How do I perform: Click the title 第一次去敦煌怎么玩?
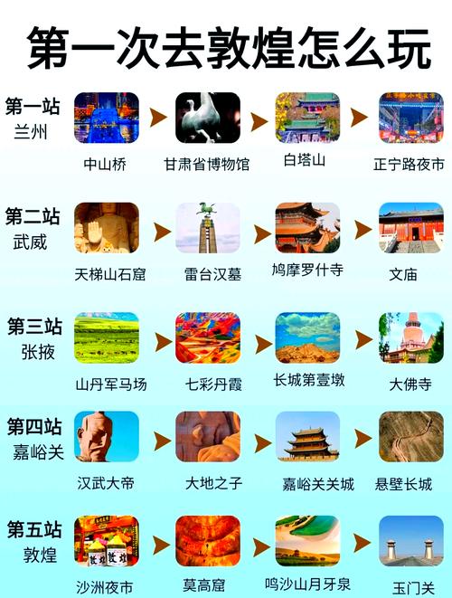pyautogui.click(x=229, y=48)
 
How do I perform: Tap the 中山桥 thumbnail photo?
pyautogui.click(x=107, y=118)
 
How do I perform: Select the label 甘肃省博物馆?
pyautogui.click(x=206, y=165)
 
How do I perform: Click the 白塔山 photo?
pyautogui.click(x=307, y=118)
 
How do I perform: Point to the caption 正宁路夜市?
pyautogui.click(x=409, y=165)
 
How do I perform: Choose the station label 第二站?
pyautogui.click(x=33, y=216)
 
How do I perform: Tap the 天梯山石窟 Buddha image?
pyautogui.click(x=107, y=228)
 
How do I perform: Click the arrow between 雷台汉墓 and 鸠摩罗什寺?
pyautogui.click(x=262, y=233)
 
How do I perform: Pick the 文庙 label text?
pyautogui.click(x=403, y=274)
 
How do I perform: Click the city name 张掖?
pyautogui.click(x=38, y=352)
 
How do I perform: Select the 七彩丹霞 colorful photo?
pyautogui.click(x=208, y=337)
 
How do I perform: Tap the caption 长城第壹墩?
pyautogui.click(x=309, y=380)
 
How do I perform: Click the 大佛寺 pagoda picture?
pyautogui.click(x=411, y=337)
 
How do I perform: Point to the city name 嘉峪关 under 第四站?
pyautogui.click(x=38, y=452)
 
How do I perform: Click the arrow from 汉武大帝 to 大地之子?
pyautogui.click(x=163, y=441)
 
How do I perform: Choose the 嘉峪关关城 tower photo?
pyautogui.click(x=307, y=437)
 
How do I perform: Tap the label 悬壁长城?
pyautogui.click(x=403, y=484)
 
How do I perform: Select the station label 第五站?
pyautogui.click(x=34, y=529)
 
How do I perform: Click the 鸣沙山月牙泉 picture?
pyautogui.click(x=307, y=541)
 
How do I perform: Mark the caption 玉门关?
pyautogui.click(x=413, y=588)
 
